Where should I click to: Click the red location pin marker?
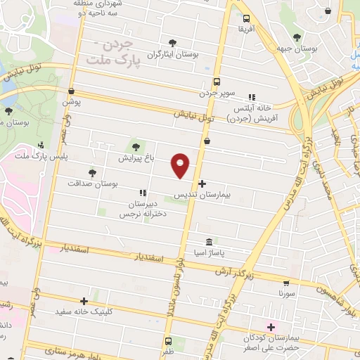pyautogui.click(x=181, y=165)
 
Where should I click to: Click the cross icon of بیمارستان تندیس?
pyautogui.click(x=202, y=184)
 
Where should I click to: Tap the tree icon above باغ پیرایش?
pyautogui.click(x=136, y=148)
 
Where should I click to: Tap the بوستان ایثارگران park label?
pyautogui.click(x=172, y=54)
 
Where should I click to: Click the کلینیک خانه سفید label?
pyautogui.click(x=84, y=311)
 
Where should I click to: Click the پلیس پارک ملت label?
pyautogui.click(x=41, y=155)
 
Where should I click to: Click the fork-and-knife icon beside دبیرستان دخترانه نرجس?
pyautogui.click(x=143, y=192)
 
